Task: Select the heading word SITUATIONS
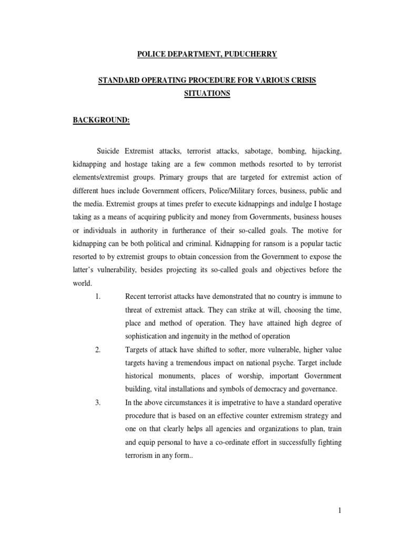[x=201, y=93]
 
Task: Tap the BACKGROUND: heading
[x=100, y=120]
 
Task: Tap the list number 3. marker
[x=98, y=403]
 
